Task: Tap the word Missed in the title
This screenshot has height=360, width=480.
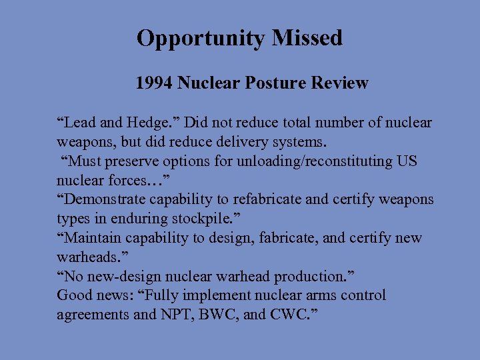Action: click(307, 38)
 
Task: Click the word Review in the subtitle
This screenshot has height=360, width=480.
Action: click(339, 83)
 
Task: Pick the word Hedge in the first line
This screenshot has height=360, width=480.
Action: click(151, 123)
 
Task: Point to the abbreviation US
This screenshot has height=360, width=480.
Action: click(407, 161)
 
